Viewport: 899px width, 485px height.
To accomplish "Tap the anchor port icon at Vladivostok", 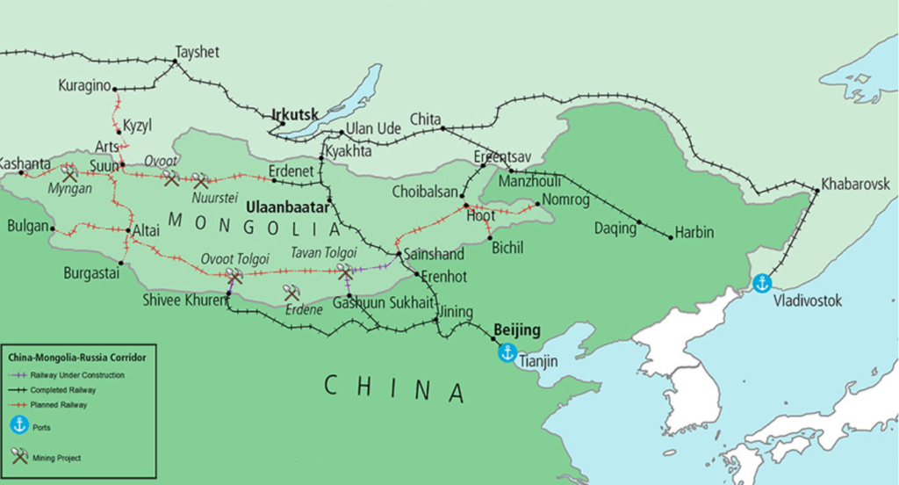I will (763, 283).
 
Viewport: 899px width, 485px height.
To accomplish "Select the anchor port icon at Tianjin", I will (507, 353).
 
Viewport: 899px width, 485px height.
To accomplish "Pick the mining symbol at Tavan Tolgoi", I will (344, 272).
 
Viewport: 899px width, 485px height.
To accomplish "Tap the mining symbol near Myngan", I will (69, 174).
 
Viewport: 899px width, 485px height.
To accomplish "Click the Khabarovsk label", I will (855, 185).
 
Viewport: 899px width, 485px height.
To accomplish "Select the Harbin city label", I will (694, 233).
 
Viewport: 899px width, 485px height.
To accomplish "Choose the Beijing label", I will (516, 330).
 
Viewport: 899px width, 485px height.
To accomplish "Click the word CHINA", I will (394, 387).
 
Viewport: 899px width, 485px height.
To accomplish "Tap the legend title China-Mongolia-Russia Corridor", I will (76, 358).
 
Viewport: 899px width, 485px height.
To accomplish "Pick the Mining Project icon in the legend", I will (19, 456).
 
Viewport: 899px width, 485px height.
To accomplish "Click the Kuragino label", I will (85, 85).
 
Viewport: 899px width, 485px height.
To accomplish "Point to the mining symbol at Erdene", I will (291, 293).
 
